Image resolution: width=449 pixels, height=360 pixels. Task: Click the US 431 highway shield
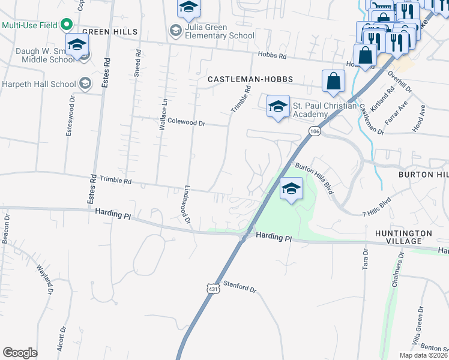213,289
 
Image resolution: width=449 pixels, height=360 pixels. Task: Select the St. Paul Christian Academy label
310,110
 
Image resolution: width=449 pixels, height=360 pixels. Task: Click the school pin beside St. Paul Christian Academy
277,107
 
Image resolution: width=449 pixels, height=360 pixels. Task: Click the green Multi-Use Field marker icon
67,25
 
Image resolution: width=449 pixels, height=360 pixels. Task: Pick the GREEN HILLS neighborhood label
110,31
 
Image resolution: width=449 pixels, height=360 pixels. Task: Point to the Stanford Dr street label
240,287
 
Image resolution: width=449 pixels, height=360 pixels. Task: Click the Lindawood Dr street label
184,204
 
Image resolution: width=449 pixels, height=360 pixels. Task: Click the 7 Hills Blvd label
377,206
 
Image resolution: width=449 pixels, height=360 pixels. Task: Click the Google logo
20,353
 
